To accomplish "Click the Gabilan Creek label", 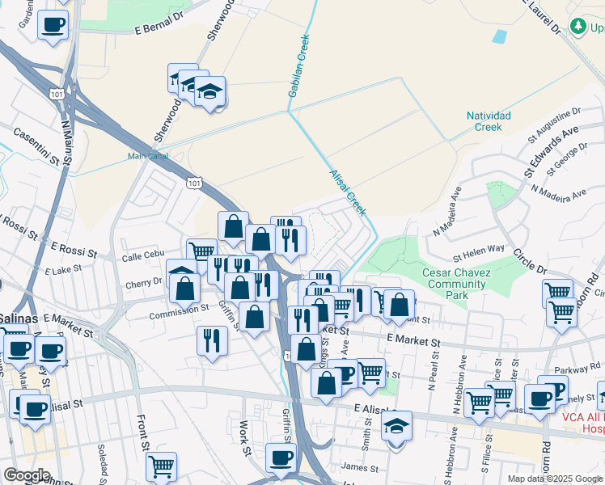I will tap(298, 65).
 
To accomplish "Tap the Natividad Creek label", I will tap(489, 121).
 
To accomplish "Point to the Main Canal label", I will tap(145, 157).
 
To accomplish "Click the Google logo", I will tap(27, 475).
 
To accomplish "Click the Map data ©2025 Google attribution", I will tap(554, 479).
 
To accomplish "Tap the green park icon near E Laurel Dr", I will tap(578, 27).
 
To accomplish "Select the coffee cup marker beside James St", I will tap(281, 458).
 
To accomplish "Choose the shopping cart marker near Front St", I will tap(161, 466).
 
